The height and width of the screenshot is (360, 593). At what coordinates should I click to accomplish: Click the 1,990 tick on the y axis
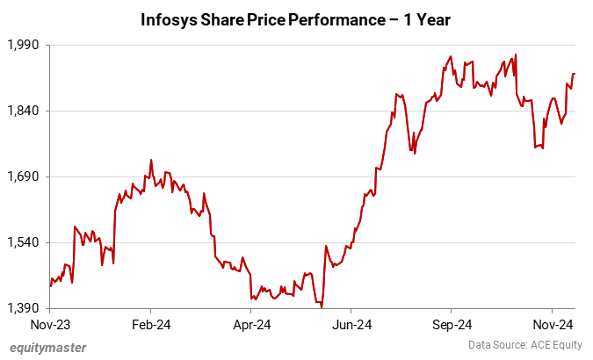(25, 44)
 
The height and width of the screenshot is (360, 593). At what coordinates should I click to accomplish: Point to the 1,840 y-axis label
(25, 111)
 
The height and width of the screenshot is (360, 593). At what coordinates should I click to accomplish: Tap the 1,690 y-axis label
(25, 176)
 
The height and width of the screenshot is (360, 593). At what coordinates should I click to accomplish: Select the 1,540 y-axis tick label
(25, 242)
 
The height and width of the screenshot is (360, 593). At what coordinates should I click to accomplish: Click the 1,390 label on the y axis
(25, 308)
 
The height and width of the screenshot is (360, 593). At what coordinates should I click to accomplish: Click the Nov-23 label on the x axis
(50, 324)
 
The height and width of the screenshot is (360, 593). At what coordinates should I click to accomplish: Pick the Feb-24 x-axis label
(150, 324)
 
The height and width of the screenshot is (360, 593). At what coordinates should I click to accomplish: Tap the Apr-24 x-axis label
(250, 324)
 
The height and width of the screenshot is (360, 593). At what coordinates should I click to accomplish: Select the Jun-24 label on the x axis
(351, 324)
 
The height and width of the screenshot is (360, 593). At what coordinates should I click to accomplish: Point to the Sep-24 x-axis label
(451, 324)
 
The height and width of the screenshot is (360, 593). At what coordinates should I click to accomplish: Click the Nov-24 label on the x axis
(551, 324)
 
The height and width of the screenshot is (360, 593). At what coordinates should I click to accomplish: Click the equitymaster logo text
(48, 347)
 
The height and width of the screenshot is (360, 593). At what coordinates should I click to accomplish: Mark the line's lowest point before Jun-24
(322, 306)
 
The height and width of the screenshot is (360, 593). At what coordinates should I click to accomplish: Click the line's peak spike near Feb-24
(151, 160)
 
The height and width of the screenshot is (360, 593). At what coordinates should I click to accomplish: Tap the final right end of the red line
(575, 74)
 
